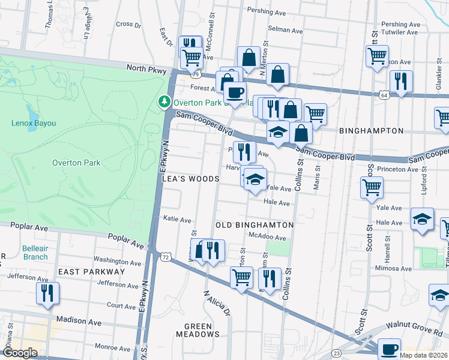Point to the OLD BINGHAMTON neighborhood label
255,225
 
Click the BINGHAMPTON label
371,130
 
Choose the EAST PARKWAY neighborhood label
91,272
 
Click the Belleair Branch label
35,253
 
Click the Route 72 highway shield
164,256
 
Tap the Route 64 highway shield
384,95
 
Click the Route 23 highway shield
337,353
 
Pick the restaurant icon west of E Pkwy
46,292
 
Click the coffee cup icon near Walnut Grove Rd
389,348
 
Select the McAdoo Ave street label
268,237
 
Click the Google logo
20,353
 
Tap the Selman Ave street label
285,29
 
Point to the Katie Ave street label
177,220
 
